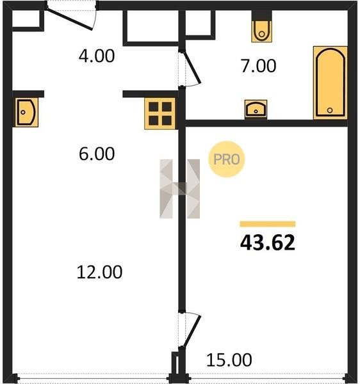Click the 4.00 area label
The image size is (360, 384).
[x=97, y=56]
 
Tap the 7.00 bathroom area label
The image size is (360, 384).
[x=259, y=66]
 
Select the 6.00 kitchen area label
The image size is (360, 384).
[x=97, y=154]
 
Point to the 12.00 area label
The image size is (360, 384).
[x=99, y=272]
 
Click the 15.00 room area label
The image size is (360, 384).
[x=229, y=360]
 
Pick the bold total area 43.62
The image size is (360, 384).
[x=268, y=243]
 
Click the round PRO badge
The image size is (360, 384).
[x=226, y=159]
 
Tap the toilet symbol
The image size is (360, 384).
[x=262, y=31]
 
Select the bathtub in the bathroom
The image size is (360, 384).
[x=331, y=83]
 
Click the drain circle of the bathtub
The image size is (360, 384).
[x=330, y=110]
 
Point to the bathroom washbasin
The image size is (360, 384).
[x=256, y=109]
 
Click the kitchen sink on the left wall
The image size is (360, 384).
[x=26, y=112]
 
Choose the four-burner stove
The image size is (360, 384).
[x=160, y=113]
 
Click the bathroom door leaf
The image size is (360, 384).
[x=192, y=67]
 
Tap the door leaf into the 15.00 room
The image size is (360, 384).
[x=193, y=331]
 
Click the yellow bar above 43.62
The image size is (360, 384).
[x=268, y=224]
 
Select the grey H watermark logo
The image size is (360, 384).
[x=179, y=189]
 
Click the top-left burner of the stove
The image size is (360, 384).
[x=154, y=107]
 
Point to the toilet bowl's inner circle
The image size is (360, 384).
[x=262, y=34]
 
